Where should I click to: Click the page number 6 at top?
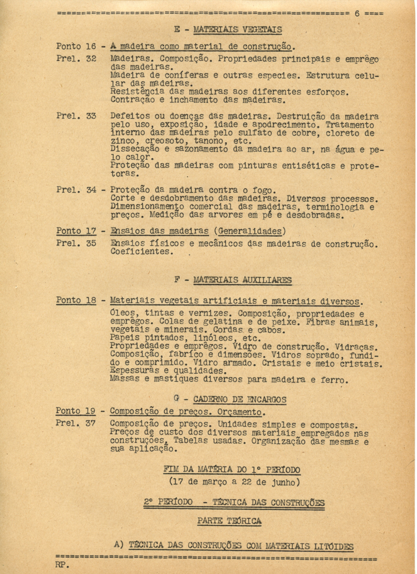(357, 13)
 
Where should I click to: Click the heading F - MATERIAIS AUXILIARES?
(233, 280)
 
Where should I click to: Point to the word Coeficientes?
(142, 252)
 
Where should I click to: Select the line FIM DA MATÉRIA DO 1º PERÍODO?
(231, 469)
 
